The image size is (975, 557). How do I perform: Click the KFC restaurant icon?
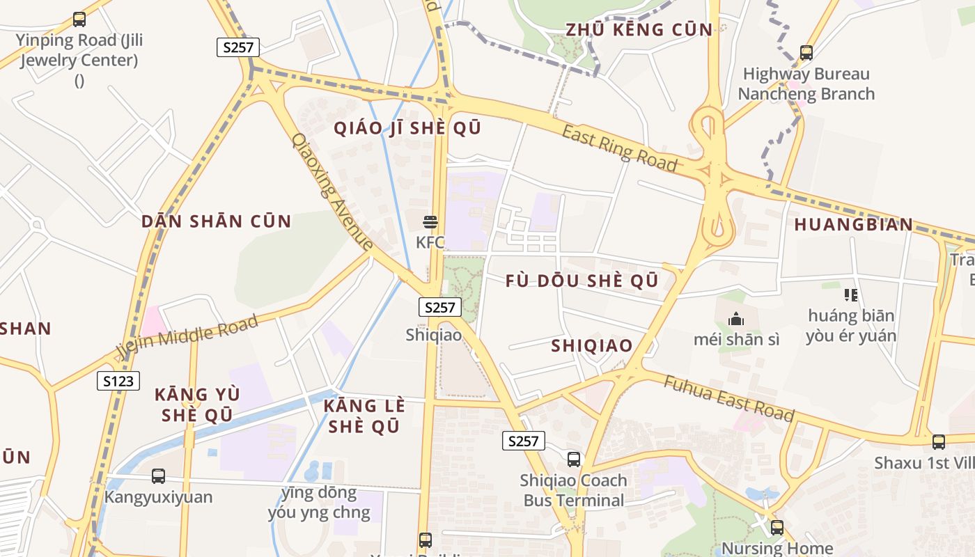pyautogui.click(x=430, y=222)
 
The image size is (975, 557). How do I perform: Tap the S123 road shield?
pyautogui.click(x=118, y=381)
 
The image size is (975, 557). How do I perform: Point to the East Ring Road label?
pyautogui.click(x=619, y=148)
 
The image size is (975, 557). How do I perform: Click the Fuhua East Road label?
pyautogui.click(x=728, y=398)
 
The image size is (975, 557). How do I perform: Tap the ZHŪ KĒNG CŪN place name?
pyautogui.click(x=639, y=29)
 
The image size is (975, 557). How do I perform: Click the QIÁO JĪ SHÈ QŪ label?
pyautogui.click(x=407, y=128)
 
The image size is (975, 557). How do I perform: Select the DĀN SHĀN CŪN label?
pyautogui.click(x=216, y=221)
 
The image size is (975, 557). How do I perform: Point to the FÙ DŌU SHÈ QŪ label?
pyautogui.click(x=582, y=281)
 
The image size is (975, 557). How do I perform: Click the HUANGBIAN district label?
pyautogui.click(x=853, y=224)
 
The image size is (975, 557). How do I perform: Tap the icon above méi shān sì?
pyautogui.click(x=735, y=320)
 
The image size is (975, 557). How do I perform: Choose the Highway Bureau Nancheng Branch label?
pyautogui.click(x=806, y=84)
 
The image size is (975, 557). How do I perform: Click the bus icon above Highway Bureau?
pyautogui.click(x=806, y=52)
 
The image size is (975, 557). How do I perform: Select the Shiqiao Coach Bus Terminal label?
pyautogui.click(x=574, y=490)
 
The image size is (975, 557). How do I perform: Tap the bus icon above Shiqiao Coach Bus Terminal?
pyautogui.click(x=574, y=460)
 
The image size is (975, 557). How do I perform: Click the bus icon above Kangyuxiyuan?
pyautogui.click(x=158, y=476)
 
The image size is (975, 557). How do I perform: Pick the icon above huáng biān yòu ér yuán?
pyautogui.click(x=850, y=295)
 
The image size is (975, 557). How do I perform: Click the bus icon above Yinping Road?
pyautogui.click(x=79, y=19)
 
